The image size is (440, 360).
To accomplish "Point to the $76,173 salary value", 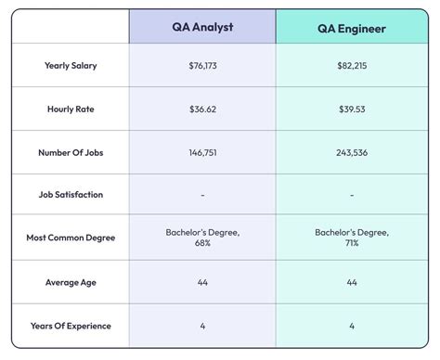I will tap(202, 66).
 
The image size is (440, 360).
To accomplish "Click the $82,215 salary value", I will tap(351, 66).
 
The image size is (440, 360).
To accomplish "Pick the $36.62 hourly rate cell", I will tap(202, 109).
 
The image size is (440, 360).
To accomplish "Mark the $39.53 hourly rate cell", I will tap(351, 109).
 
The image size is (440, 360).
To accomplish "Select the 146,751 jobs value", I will tap(202, 152).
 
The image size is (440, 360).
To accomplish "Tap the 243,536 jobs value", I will tap(351, 152).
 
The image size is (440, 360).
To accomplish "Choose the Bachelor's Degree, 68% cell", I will tap(202, 238).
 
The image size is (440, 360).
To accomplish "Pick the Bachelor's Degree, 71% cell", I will tap(351, 238).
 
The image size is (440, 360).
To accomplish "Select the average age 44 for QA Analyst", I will tap(202, 281).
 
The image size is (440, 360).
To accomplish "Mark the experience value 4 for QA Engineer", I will tap(351, 325).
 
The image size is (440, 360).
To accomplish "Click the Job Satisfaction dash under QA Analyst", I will tap(202, 195).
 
